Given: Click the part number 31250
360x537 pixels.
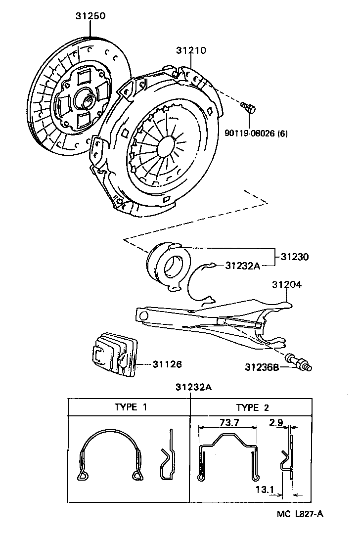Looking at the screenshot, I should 90,16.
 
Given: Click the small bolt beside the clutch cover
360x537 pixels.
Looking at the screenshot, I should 247,106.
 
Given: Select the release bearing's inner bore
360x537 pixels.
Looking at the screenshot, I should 174,268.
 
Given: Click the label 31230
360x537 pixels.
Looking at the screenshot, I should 295,257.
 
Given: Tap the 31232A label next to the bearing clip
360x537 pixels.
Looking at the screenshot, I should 242,266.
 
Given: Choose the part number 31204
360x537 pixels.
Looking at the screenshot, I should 287,285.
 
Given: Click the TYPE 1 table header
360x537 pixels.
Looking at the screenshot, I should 130,407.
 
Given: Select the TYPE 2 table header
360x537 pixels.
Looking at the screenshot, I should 252,407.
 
